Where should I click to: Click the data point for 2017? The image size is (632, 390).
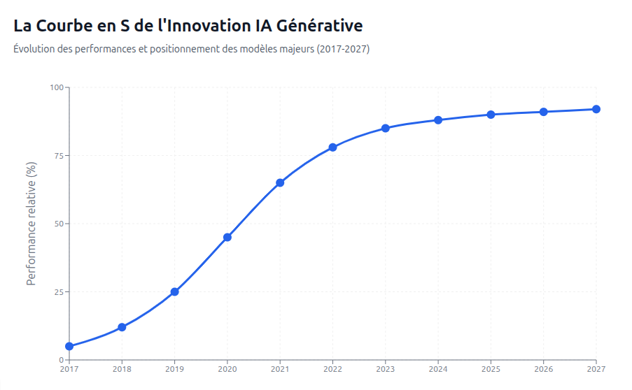69,346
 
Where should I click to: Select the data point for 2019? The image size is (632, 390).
174,291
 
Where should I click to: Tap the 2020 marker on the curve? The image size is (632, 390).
227,237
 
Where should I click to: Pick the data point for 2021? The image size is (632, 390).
280,182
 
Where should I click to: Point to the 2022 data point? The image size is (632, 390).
332,147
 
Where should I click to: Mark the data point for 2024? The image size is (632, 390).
438,120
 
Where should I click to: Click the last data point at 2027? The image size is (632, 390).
596,109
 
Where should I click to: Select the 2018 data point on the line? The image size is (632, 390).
122,327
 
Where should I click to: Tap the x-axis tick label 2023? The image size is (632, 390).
385,368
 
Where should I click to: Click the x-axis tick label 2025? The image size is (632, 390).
491,368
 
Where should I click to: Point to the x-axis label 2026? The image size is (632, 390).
543,368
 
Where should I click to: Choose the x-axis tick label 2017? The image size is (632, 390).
69,368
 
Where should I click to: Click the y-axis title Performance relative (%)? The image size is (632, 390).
31,224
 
